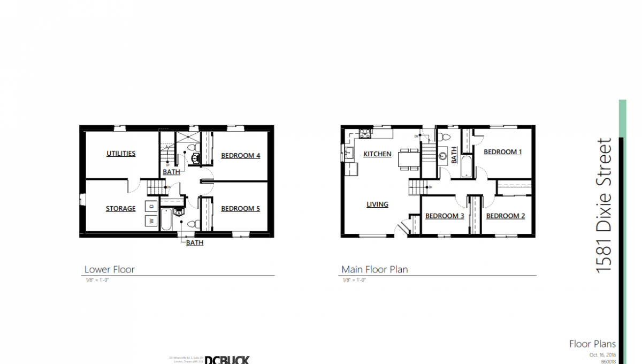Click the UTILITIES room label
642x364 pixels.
point(121,154)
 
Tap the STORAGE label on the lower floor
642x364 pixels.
point(120,209)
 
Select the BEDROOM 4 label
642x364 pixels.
point(240,156)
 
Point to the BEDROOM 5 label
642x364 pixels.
point(240,209)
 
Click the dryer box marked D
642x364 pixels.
point(151,206)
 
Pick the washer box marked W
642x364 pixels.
point(151,220)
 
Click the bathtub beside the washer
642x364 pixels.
point(166,221)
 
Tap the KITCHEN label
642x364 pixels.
point(377,154)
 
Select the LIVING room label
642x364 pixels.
point(377,204)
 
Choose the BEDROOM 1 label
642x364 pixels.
point(502,152)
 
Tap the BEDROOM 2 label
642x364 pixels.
point(505,216)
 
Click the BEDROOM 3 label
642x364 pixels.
point(444,216)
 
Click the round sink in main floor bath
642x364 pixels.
point(444,157)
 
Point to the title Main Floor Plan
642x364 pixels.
point(374,269)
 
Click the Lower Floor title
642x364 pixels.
point(109,269)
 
